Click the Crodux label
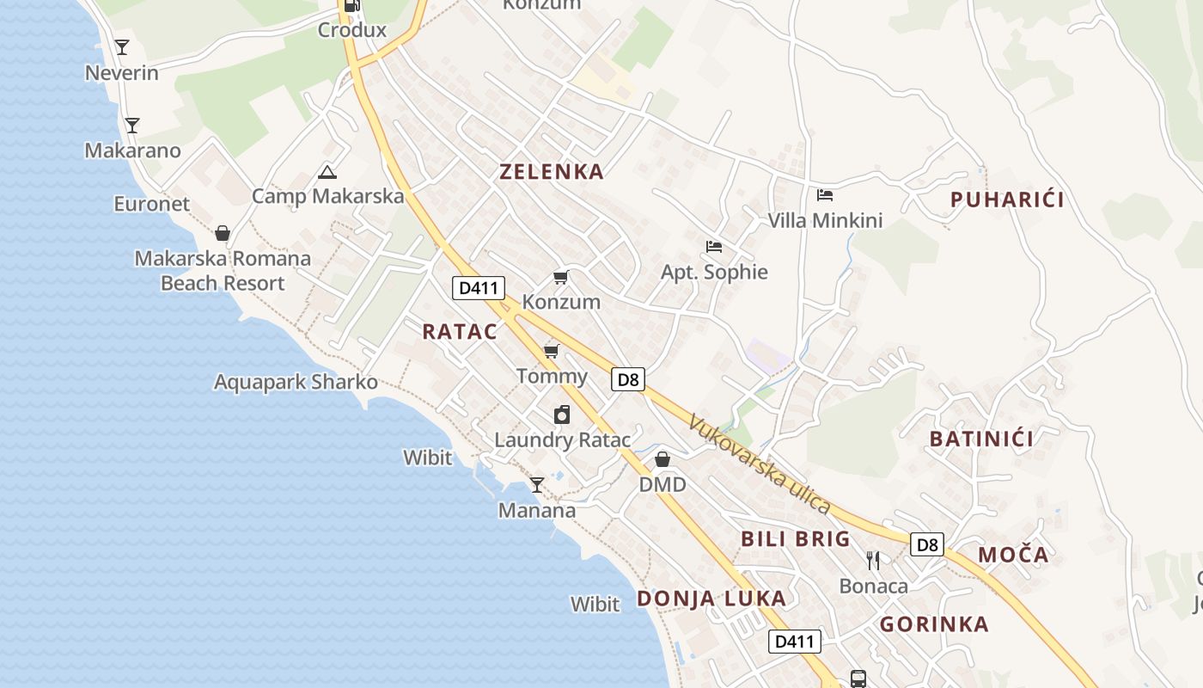(352, 30)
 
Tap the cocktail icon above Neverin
(122, 47)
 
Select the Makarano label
(132, 150)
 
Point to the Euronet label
(152, 204)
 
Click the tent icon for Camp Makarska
(327, 172)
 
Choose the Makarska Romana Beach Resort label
(223, 271)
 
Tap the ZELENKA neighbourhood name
(552, 171)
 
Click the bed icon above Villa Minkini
(825, 195)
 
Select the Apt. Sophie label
(714, 272)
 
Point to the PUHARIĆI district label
(1007, 200)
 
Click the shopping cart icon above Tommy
(552, 351)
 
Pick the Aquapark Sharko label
(296, 382)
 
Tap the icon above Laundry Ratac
(562, 415)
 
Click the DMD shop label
(663, 484)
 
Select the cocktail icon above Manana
(537, 485)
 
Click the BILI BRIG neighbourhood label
(796, 539)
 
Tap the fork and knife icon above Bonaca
(873, 561)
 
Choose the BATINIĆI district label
(981, 439)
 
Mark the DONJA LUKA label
(711, 599)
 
